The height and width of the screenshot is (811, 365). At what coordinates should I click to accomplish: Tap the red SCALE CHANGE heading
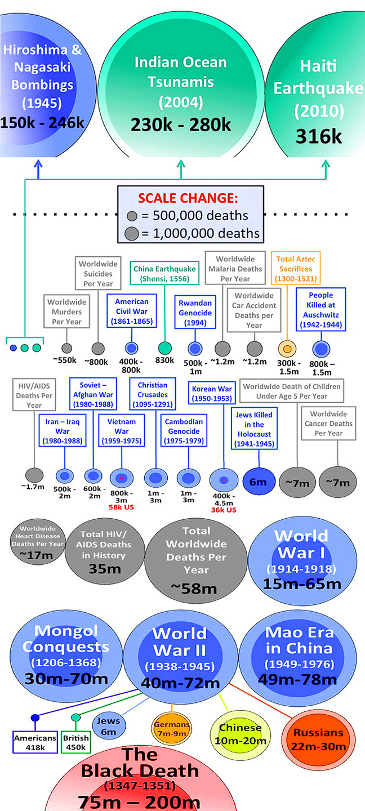[189, 199]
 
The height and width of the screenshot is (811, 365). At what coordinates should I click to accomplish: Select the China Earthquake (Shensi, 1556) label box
[164, 273]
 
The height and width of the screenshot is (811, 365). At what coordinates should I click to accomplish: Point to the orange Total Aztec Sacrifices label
[296, 269]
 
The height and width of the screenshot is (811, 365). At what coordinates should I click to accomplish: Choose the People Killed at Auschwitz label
[321, 310]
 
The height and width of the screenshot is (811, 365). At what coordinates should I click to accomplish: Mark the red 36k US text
[223, 510]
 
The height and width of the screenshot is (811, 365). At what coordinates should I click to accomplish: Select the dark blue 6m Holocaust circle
[258, 482]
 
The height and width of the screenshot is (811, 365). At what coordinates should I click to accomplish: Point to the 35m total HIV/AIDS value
[104, 569]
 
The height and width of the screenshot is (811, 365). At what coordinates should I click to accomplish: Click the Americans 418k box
[35, 742]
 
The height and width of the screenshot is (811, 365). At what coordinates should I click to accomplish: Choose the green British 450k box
[75, 742]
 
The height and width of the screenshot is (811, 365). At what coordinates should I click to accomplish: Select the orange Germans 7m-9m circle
[172, 729]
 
